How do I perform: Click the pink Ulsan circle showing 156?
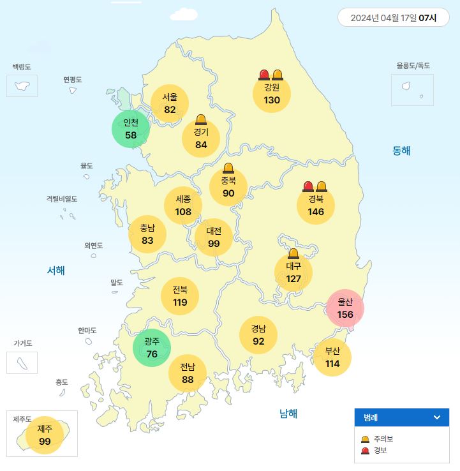pos(345,308)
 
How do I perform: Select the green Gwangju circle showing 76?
pos(152,348)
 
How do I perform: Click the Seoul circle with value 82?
pos(170,103)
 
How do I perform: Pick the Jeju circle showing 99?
pos(45,435)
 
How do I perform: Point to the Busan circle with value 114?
pos(332,357)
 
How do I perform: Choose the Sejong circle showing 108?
pos(183,205)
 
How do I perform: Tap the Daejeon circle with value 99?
pos(214,237)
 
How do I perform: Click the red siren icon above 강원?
pos(264,75)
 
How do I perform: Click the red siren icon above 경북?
pos(308,186)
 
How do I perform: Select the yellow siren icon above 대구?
pos(293,254)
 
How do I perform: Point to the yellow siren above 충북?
pos(228,168)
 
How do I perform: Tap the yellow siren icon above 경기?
pos(201,119)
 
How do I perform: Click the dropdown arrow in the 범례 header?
pos(437,417)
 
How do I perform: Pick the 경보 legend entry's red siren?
pos(365,451)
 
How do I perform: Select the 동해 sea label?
pos(401,151)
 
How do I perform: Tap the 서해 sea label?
pos(56,271)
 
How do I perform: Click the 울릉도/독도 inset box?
pos(412,89)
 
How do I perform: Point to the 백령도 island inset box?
pos(22,86)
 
